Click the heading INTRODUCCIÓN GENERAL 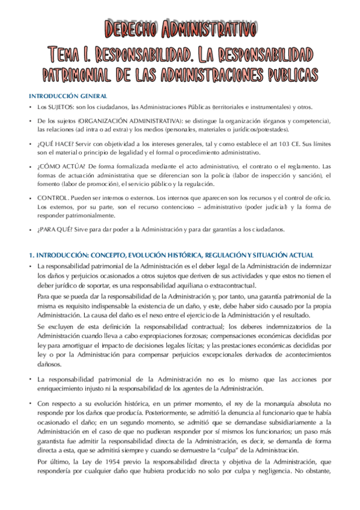point(69,96)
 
